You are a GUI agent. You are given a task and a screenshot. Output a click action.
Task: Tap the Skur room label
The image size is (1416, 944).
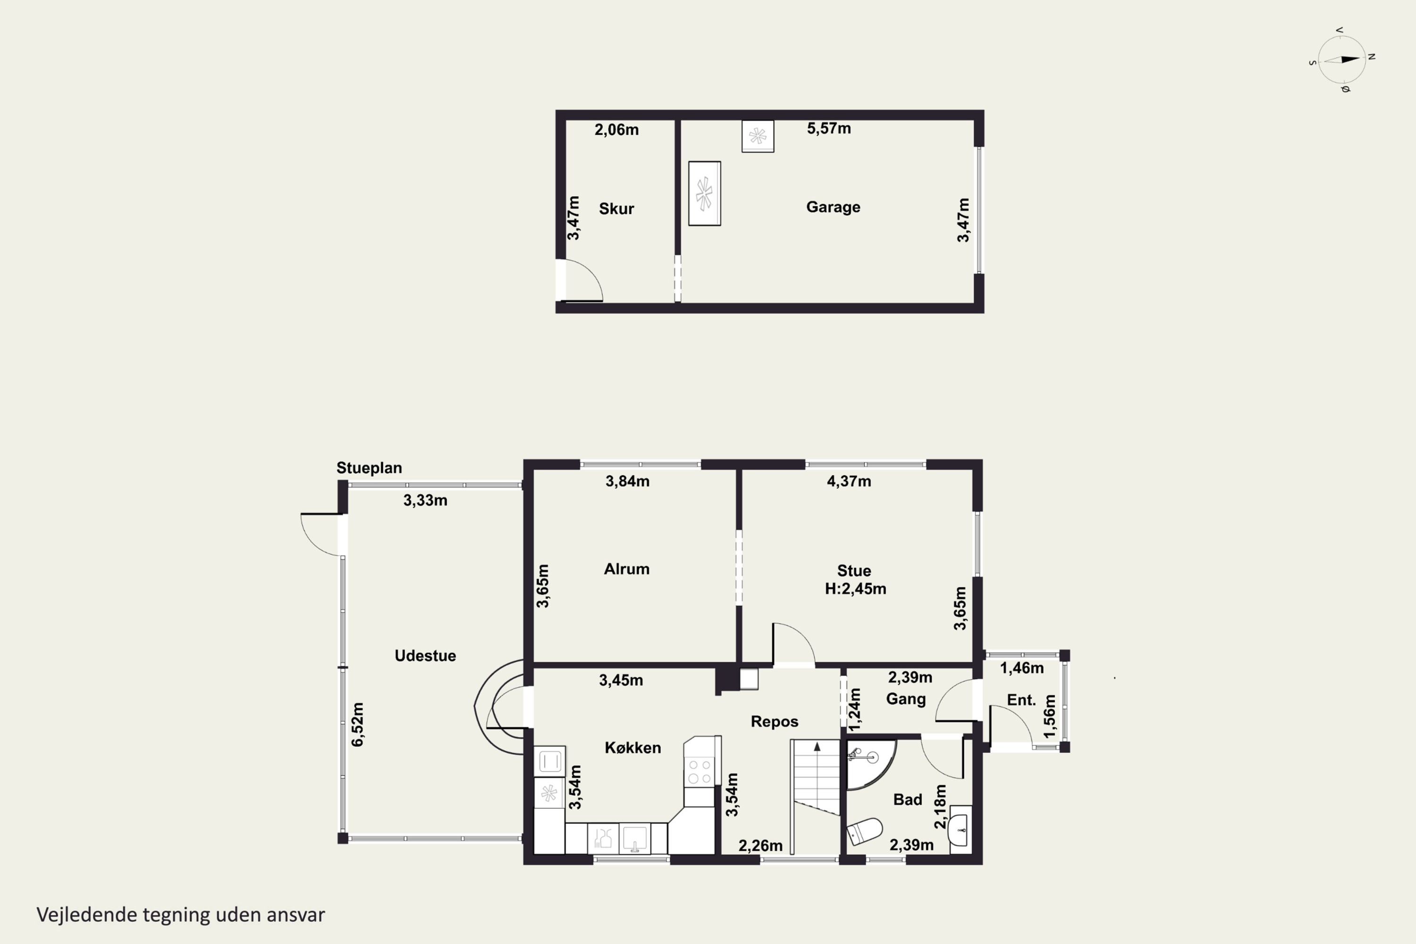click(616, 209)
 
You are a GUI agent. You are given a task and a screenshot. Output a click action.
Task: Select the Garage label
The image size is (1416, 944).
click(833, 207)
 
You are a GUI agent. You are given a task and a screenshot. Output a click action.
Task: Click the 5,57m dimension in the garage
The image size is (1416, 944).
click(829, 128)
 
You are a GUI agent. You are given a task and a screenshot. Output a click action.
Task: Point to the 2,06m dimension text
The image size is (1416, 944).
click(616, 129)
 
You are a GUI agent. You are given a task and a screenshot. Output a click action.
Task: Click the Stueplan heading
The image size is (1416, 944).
click(369, 468)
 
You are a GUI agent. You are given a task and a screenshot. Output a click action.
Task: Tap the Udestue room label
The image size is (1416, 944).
click(425, 656)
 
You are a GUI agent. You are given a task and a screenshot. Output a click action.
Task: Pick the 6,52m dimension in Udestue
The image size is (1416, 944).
click(358, 724)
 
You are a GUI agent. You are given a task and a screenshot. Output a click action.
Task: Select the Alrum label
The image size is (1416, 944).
click(627, 569)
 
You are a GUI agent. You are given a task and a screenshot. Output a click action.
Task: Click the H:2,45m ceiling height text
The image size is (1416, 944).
click(855, 589)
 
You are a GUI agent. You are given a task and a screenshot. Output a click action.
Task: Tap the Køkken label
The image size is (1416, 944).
click(633, 748)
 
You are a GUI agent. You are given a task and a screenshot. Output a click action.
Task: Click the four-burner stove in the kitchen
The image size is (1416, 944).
click(700, 771)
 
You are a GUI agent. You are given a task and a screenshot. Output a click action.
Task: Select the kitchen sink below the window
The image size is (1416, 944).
click(634, 838)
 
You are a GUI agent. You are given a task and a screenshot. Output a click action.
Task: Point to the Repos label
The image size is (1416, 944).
click(774, 721)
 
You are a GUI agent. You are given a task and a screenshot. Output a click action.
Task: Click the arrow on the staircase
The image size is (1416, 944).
click(817, 747)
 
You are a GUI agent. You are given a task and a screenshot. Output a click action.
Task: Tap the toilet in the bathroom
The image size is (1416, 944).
click(865, 831)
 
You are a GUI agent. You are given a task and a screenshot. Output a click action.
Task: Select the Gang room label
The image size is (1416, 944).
click(905, 699)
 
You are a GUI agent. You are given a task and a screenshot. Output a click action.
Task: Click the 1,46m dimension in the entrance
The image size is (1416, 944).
click(1022, 668)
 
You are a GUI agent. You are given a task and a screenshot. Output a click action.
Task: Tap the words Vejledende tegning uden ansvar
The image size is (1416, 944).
click(181, 915)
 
